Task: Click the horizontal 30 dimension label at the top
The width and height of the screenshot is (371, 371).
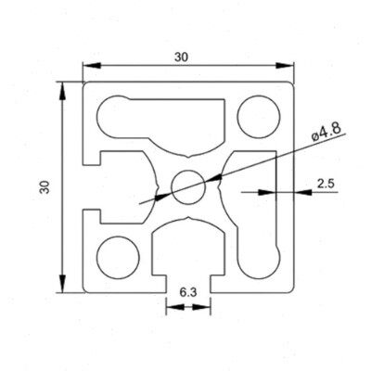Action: click(181, 58)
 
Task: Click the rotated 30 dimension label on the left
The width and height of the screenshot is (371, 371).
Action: click(45, 186)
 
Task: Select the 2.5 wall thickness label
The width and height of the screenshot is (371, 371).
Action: click(326, 184)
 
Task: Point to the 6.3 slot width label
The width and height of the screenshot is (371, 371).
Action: click(188, 292)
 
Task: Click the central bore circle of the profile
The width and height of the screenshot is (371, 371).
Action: click(188, 187)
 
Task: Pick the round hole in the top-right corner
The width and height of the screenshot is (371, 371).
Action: click(259, 117)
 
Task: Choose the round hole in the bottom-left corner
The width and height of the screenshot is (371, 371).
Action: click(118, 258)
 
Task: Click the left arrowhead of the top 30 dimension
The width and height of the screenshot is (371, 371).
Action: click(92, 66)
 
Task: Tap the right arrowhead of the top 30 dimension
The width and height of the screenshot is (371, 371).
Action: click(284, 66)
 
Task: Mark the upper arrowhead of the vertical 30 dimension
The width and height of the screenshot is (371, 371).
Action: click(62, 91)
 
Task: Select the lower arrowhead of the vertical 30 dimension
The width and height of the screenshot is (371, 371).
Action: click(62, 283)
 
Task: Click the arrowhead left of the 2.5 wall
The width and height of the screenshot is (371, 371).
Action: click(267, 192)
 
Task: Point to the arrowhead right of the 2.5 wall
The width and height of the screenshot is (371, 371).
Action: click(302, 192)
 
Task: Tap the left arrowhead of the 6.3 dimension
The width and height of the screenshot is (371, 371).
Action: click(175, 307)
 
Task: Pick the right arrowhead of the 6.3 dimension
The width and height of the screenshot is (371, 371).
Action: click(201, 307)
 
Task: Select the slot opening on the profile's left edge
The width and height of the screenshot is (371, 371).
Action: click(92, 186)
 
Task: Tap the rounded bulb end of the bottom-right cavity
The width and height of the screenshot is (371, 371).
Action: click(259, 259)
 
